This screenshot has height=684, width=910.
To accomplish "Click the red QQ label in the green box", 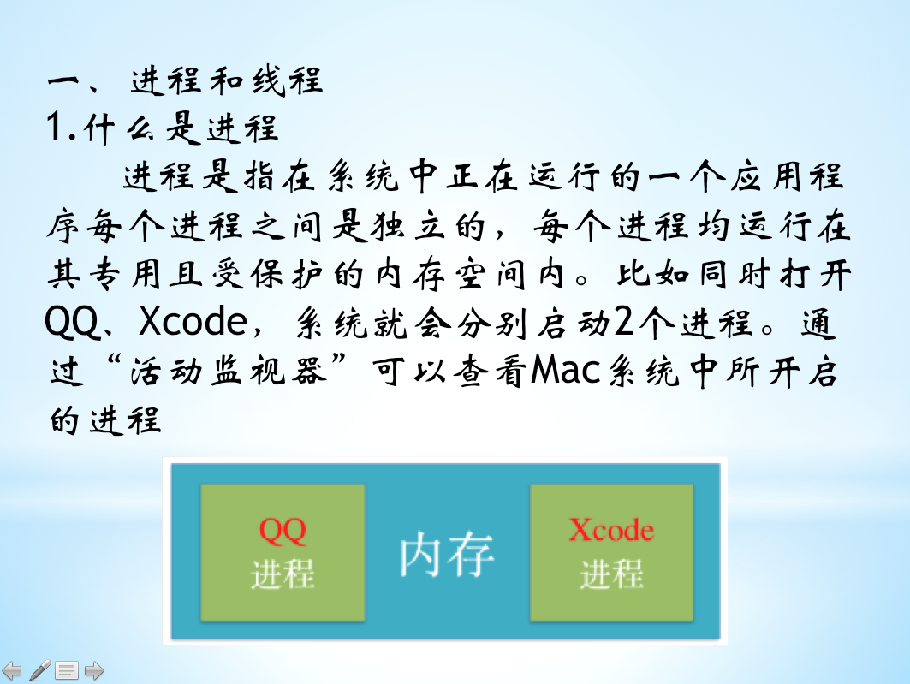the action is coord(282,530).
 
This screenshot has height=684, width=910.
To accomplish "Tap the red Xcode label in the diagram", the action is coord(611,529).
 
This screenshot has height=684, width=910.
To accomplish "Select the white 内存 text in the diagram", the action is coord(447,556).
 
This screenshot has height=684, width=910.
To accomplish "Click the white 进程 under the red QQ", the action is coord(283,574).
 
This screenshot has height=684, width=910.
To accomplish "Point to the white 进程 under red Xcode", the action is coord(612,574).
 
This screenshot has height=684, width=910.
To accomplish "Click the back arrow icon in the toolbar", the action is coord(12,671).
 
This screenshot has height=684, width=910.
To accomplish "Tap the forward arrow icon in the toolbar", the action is coord(94,671).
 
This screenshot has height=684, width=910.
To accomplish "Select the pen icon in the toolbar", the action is coord(39,670).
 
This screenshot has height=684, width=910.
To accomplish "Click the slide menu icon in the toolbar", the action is coord(67,671).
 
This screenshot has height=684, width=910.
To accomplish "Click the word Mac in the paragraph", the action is coord(565,370).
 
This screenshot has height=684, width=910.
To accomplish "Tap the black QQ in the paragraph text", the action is coord(72,322).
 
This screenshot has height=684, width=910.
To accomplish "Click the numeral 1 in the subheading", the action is coord(55,127).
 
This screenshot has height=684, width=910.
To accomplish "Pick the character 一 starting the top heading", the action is coord(63,80).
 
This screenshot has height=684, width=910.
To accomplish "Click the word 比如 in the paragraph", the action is coord(653,274).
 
